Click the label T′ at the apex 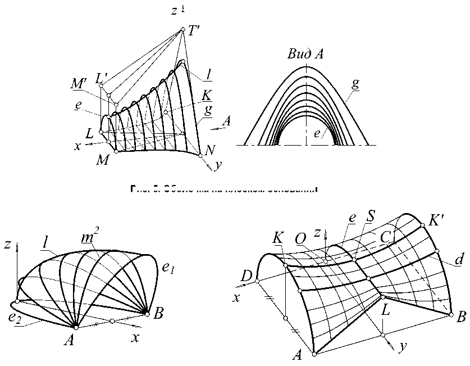[196, 33]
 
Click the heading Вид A [305, 55]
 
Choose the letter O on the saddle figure [300, 239]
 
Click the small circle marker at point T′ [182, 29]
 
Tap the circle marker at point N [200, 155]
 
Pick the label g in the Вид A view [355, 86]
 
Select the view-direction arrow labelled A [220, 127]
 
